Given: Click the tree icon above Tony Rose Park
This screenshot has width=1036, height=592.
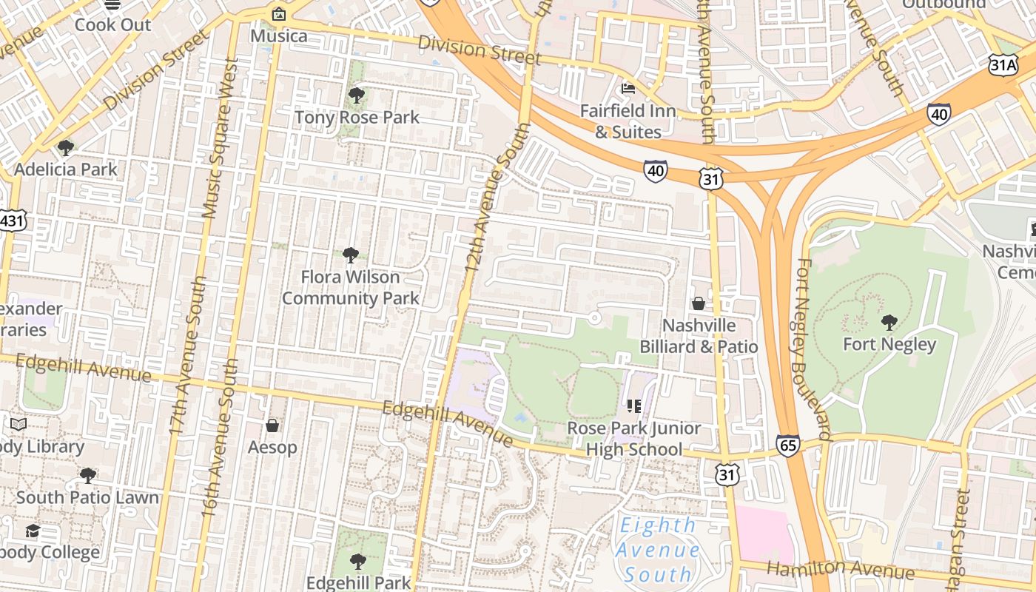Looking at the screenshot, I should coord(356,95).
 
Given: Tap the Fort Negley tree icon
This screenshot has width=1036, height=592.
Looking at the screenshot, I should coord(889,322).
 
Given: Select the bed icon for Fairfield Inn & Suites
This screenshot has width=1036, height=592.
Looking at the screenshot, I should coord(628,89).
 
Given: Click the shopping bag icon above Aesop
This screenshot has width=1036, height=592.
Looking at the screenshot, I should coord(272,425).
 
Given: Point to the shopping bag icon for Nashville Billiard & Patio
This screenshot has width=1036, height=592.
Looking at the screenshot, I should coord(698,303).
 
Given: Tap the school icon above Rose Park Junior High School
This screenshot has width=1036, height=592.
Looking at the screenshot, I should coord(634,406).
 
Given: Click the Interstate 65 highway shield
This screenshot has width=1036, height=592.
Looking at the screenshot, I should coord(788,445).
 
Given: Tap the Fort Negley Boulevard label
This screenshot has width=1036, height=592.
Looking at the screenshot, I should coord(814,348).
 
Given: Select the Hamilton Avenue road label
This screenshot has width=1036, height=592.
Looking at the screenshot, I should coord(840,570).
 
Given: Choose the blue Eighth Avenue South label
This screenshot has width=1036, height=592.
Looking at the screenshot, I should coord(657,550).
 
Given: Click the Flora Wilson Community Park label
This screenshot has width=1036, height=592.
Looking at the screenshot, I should coord(351,287).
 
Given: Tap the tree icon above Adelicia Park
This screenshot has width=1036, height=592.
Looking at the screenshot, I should coord(66,147).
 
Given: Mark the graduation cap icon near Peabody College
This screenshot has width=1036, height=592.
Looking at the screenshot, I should coord(33,531).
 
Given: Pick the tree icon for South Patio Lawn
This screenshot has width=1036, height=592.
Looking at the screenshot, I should coord(88,475).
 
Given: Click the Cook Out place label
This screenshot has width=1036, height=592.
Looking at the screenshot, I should coord(112,24).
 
